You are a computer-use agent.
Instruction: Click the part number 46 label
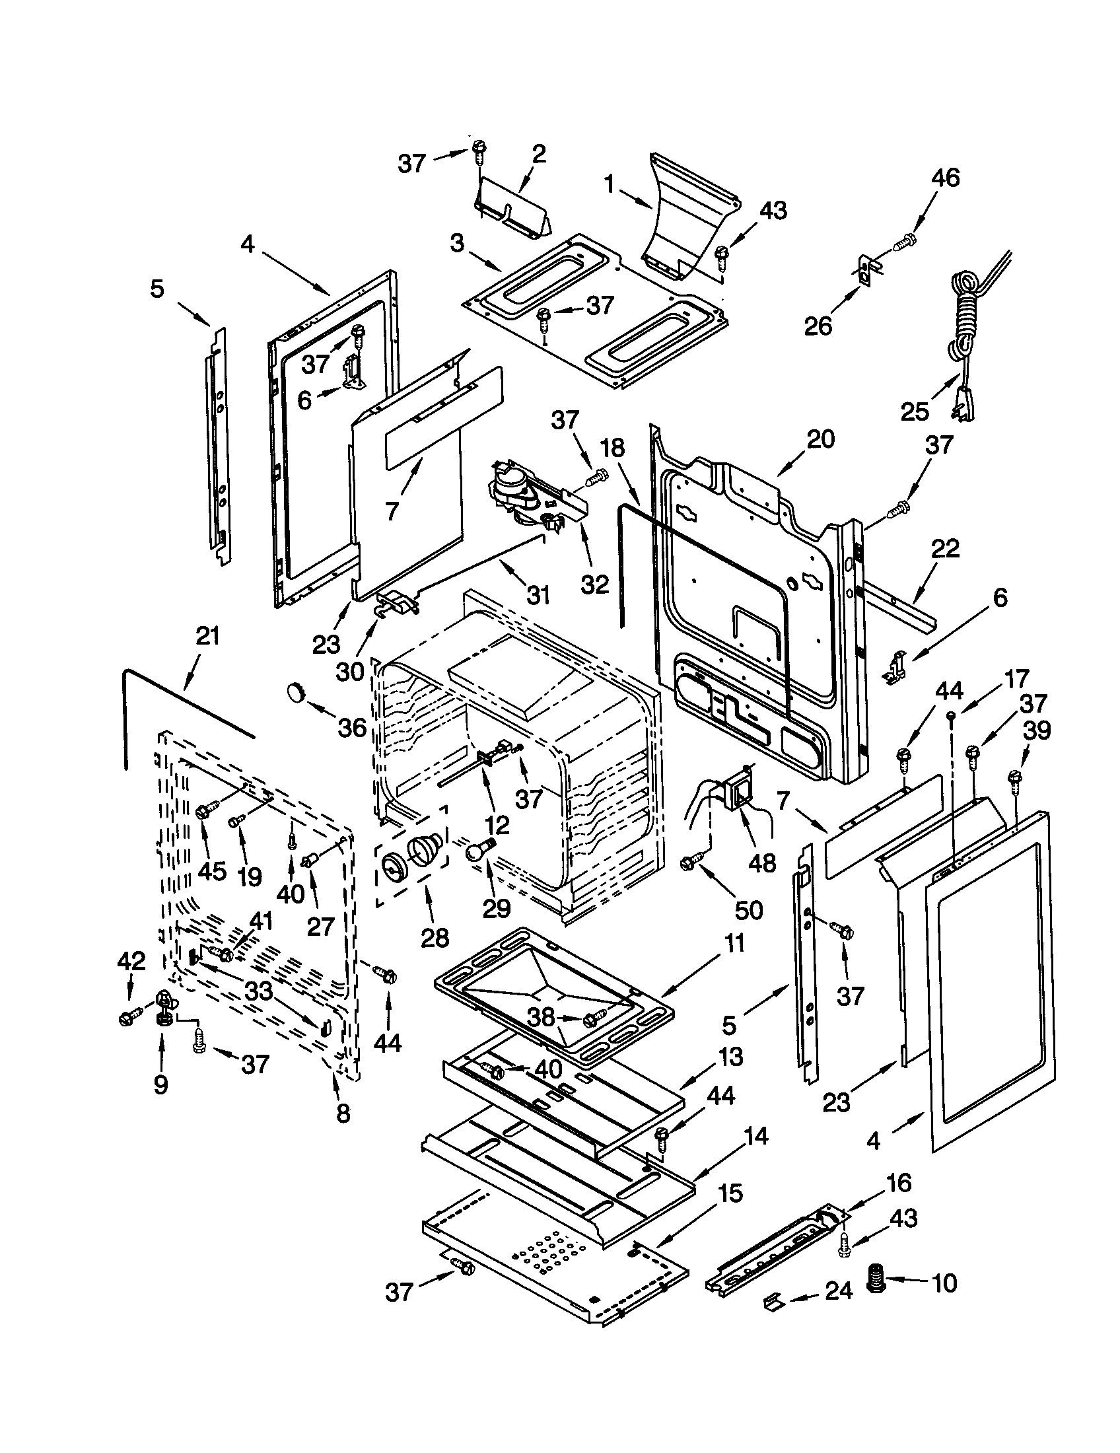(945, 178)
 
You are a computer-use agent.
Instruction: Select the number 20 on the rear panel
(820, 440)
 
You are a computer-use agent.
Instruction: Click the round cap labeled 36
(295, 692)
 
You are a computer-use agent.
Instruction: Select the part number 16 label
(898, 1183)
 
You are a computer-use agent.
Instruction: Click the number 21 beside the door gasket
(207, 637)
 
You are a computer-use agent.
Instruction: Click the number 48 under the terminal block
(762, 863)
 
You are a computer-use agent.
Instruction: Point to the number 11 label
(734, 943)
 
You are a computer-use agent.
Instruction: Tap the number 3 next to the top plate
(456, 244)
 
